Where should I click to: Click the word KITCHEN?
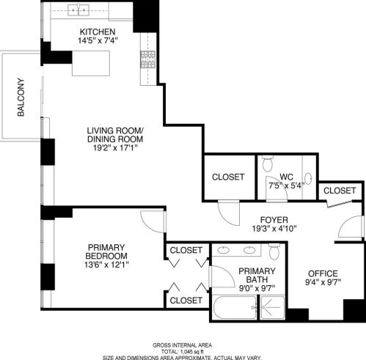98,31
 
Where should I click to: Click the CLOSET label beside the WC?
227,177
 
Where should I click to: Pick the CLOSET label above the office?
340,190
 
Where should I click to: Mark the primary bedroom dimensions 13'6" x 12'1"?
103,265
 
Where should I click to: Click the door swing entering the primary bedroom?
153,225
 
